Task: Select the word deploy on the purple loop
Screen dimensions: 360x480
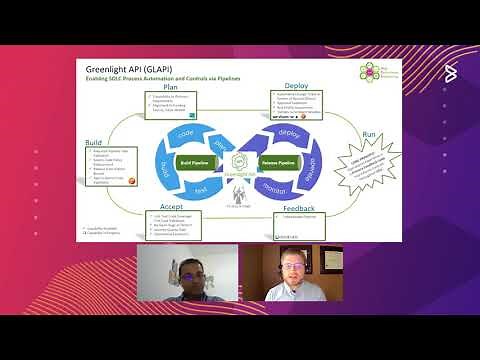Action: click(x=290, y=134)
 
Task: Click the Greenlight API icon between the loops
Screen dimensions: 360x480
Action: click(x=239, y=161)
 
